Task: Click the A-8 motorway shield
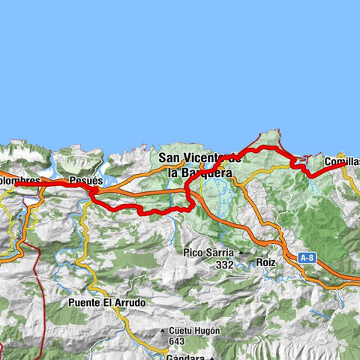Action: click(x=306, y=258)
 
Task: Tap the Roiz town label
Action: click(x=266, y=264)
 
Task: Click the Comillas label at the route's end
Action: click(x=342, y=161)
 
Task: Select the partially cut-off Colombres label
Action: click(x=19, y=181)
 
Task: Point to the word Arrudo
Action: click(x=130, y=302)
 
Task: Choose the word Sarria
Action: click(x=218, y=253)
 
